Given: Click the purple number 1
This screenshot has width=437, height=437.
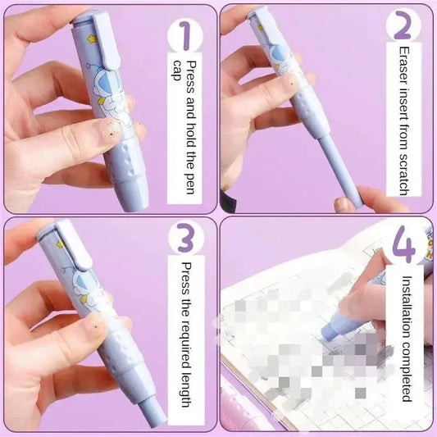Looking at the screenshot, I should tap(184, 36).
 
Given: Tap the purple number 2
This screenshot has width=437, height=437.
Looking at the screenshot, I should tap(402, 26).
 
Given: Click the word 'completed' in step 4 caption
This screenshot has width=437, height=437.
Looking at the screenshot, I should tap(406, 374).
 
